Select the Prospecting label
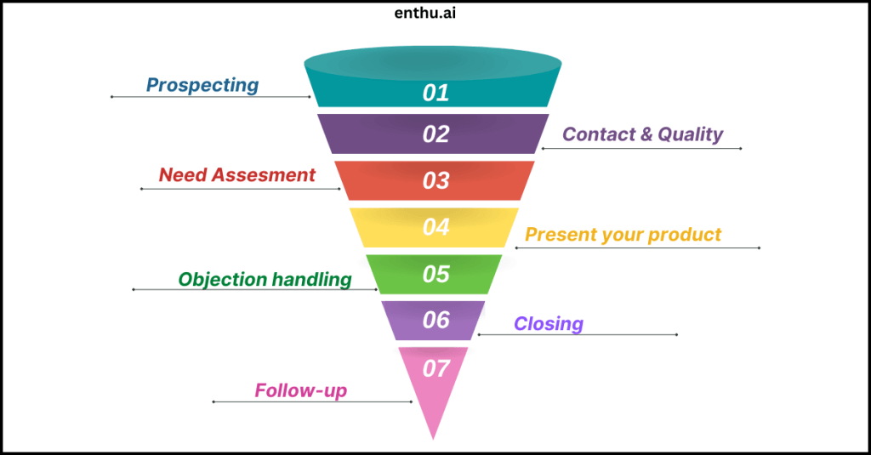pos(202,85)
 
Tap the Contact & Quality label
pos(642,134)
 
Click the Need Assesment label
pos(237,176)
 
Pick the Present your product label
pos(623,234)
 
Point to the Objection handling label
pos(265,279)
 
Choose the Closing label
pos(549,323)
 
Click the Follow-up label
pos(301,391)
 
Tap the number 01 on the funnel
pos(435,93)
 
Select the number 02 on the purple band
pos(435,134)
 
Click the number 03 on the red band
pos(435,180)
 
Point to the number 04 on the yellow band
pos(435,227)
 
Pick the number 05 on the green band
pos(435,274)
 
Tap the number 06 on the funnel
pos(435,320)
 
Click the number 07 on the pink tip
pos(435,369)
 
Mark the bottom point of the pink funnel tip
pos(434,437)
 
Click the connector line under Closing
pos(578,334)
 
